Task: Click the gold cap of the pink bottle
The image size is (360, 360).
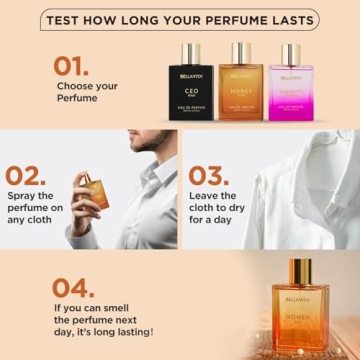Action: pos(291,51)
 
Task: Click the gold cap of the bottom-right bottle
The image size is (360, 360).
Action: pos(301,268)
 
